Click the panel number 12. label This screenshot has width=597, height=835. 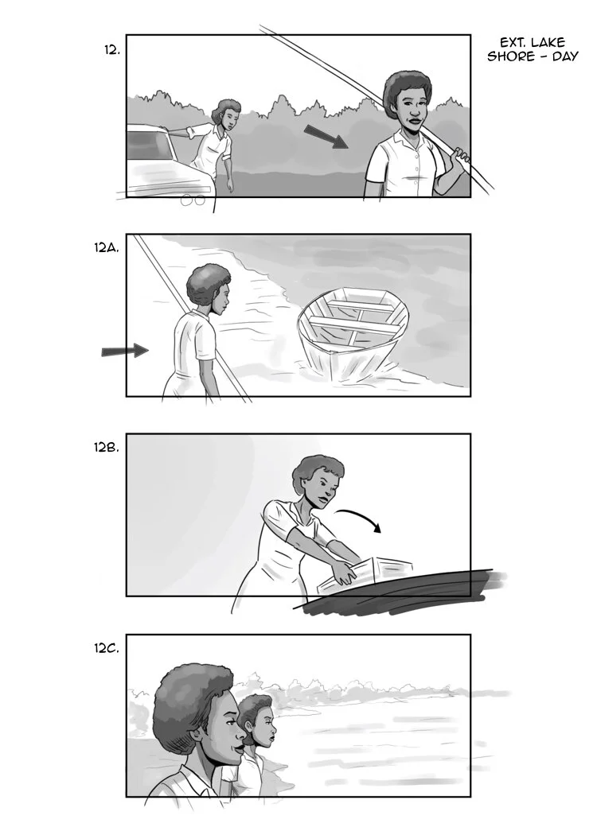[111, 49]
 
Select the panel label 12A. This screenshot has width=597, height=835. [107, 248]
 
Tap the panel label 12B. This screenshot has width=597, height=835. [107, 447]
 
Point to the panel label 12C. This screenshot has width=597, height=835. [107, 648]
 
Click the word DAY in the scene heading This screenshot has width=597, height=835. [562, 56]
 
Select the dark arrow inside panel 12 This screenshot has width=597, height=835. [326, 136]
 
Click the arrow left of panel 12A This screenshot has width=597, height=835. [125, 350]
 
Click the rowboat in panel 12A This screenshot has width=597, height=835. [353, 330]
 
